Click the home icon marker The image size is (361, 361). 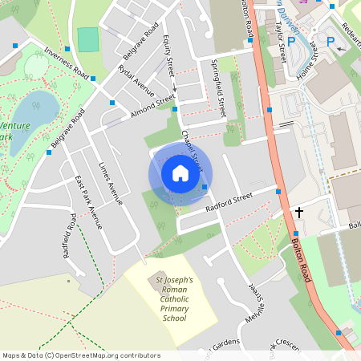coord(180,173)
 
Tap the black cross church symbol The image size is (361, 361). coord(299,213)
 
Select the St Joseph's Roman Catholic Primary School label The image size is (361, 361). coord(168,296)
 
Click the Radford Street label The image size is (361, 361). coord(229,201)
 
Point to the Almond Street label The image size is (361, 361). coord(152,106)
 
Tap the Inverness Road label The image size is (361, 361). coord(65,60)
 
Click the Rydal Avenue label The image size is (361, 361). coord(136,81)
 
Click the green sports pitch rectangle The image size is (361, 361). coord(88,39)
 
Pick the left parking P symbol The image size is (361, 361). coord(291,42)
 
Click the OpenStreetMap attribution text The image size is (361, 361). coord(81,355)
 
